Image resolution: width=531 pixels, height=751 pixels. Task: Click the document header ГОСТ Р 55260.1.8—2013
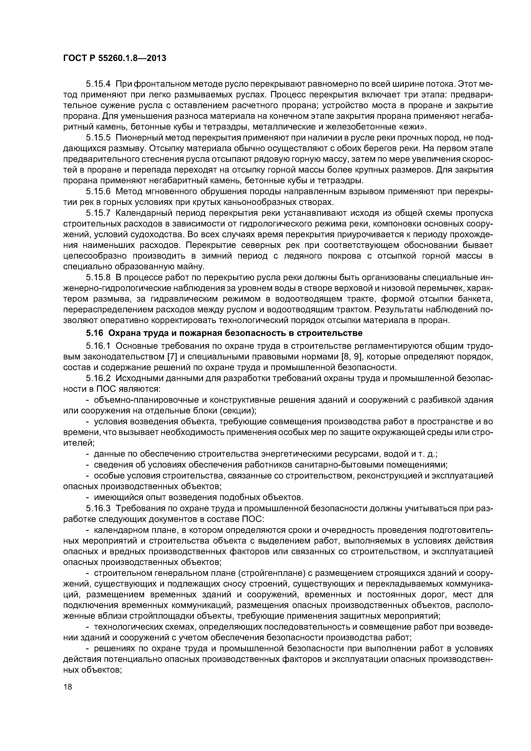[x=115, y=58]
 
